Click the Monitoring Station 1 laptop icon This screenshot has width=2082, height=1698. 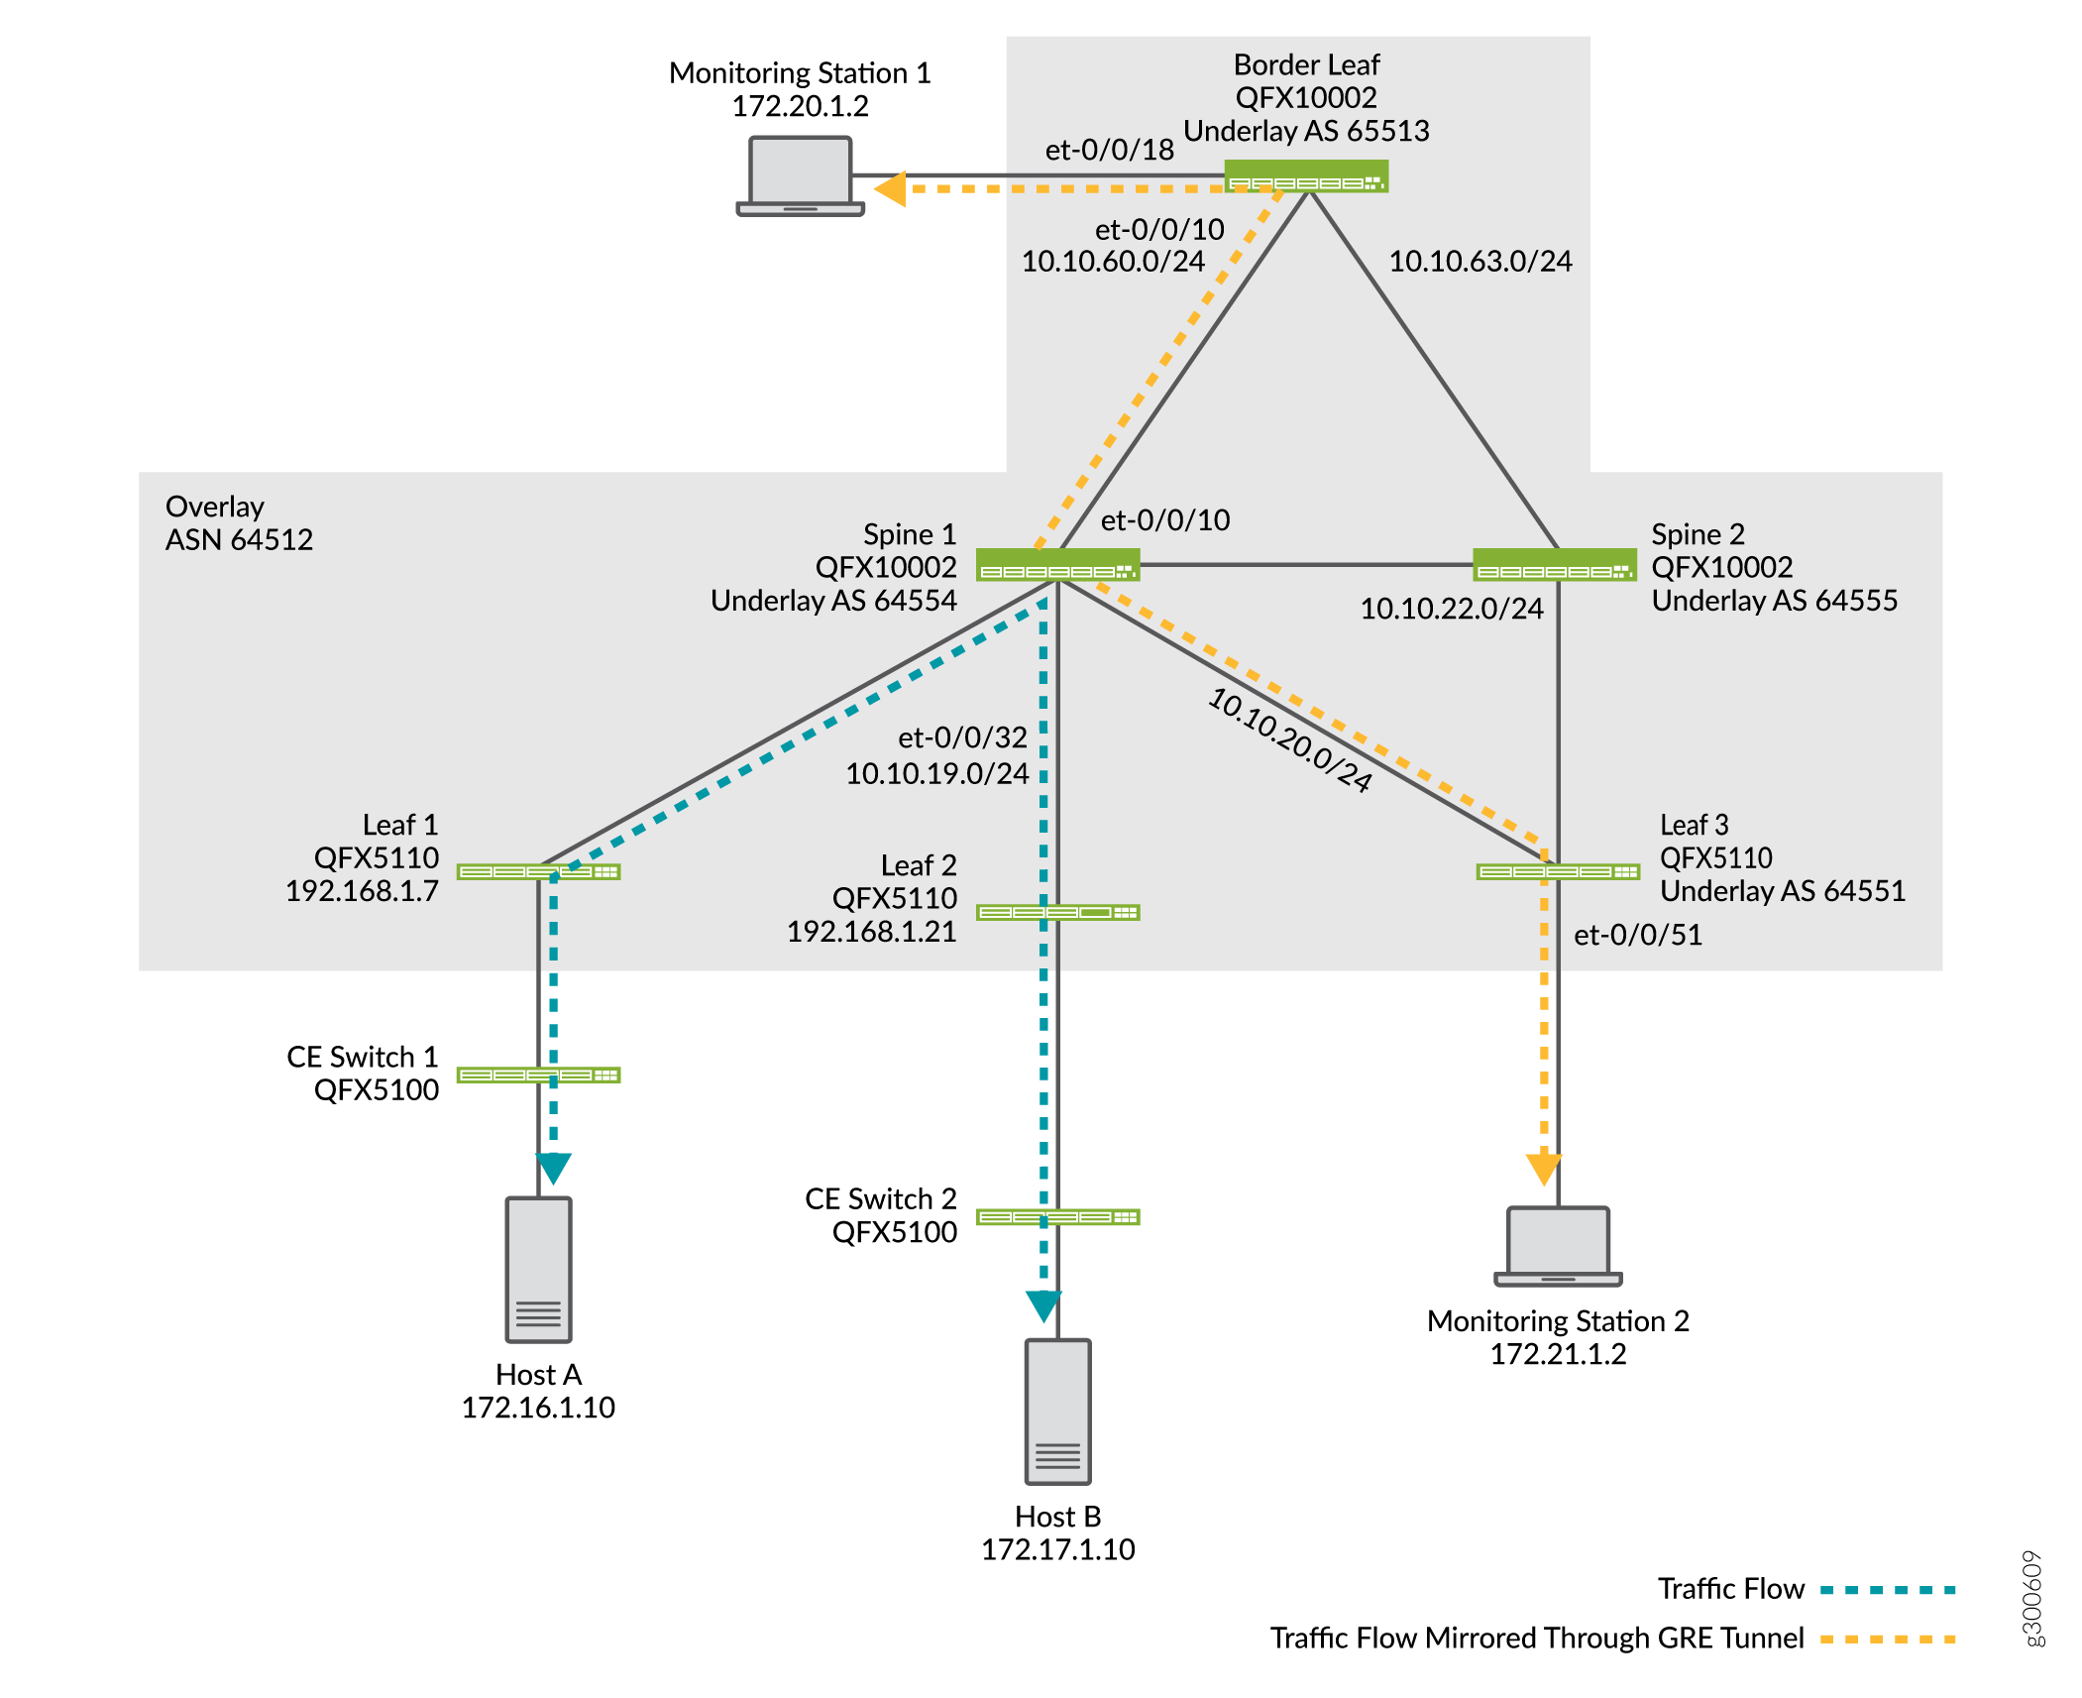tap(800, 175)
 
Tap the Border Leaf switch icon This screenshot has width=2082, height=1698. tap(1305, 176)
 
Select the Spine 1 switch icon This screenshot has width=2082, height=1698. tap(1057, 564)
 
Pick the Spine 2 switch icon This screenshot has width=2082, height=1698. tap(1554, 564)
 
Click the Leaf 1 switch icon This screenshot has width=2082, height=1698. tap(538, 871)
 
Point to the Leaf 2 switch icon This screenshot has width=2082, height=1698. tap(1057, 912)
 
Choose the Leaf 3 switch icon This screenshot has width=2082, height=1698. tap(1558, 871)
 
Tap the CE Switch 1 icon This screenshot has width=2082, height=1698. tap(538, 1075)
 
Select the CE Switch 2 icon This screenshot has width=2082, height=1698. tap(1057, 1216)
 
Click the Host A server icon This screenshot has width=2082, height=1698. tap(538, 1269)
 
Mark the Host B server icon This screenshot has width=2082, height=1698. tap(1057, 1411)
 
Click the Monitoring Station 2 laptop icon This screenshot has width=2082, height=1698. tap(1558, 1245)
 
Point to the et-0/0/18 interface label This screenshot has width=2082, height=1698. tap(1109, 150)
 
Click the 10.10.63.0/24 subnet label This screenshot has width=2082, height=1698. tap(1479, 261)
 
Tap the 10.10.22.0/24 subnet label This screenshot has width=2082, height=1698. tap(1451, 608)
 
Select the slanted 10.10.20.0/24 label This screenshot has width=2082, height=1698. tap(1289, 739)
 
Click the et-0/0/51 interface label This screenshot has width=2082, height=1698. tap(1637, 934)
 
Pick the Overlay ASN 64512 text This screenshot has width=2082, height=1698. tap(239, 522)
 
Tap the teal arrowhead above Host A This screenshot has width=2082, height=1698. tap(553, 1168)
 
